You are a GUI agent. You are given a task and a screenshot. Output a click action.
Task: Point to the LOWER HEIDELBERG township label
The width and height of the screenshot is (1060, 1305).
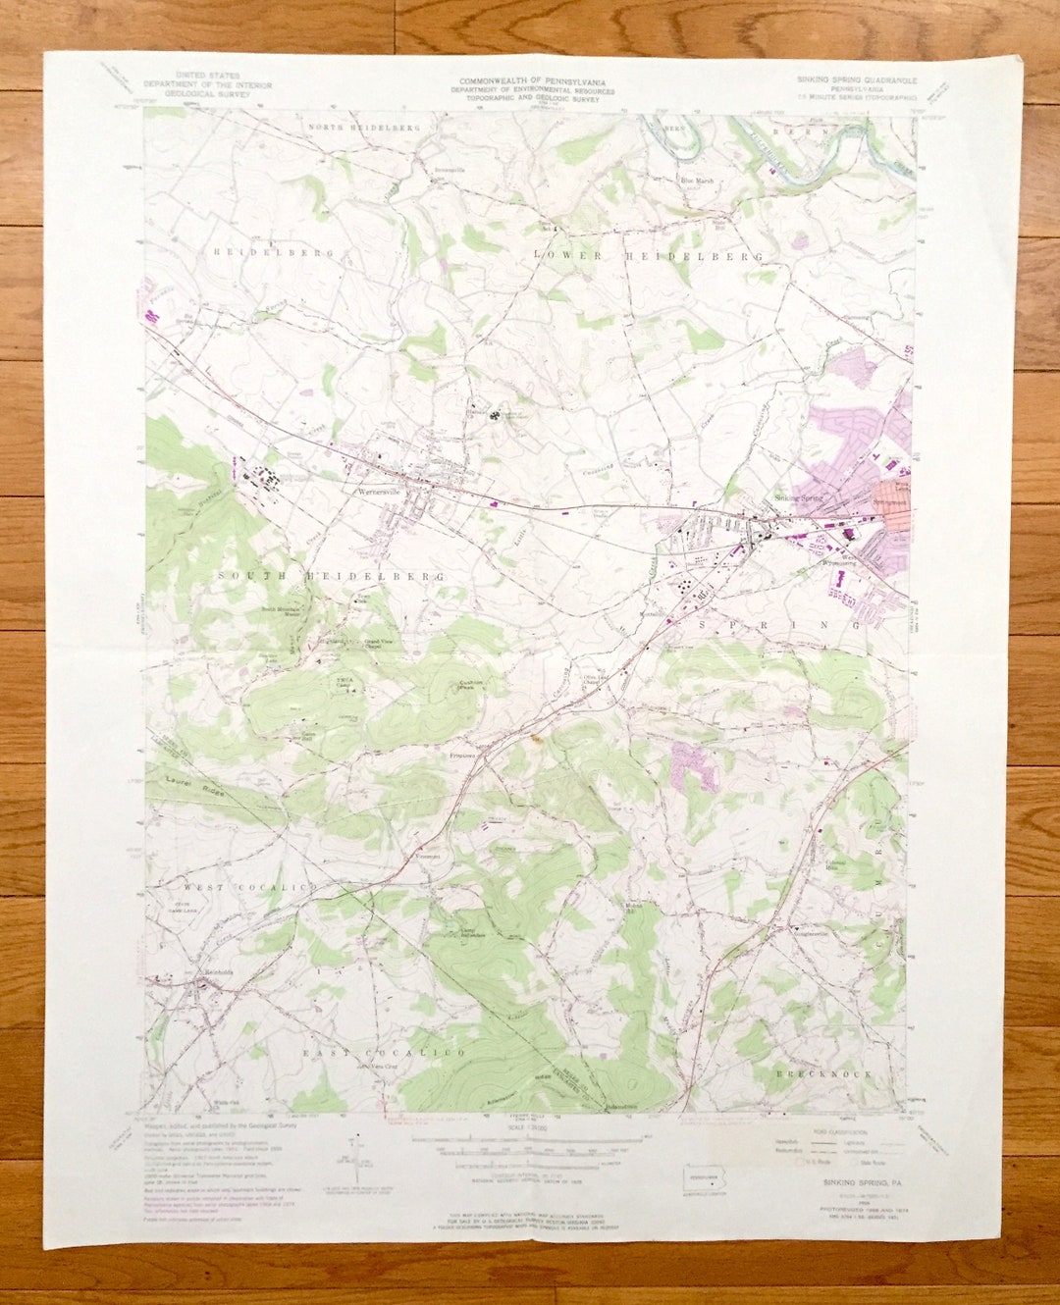click(648, 256)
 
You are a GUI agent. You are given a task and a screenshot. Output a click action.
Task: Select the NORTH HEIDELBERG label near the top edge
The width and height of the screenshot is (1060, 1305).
click(364, 128)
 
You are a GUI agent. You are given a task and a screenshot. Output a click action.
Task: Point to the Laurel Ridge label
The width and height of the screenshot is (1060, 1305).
click(193, 786)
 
